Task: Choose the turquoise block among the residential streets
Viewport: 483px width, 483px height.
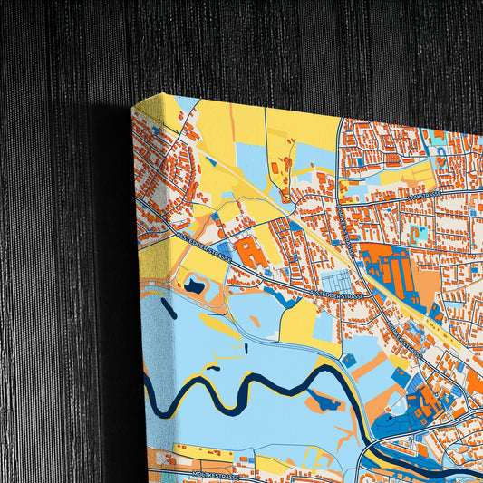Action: click(x=419, y=234)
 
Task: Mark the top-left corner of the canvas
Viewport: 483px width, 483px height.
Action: click(x=133, y=106)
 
